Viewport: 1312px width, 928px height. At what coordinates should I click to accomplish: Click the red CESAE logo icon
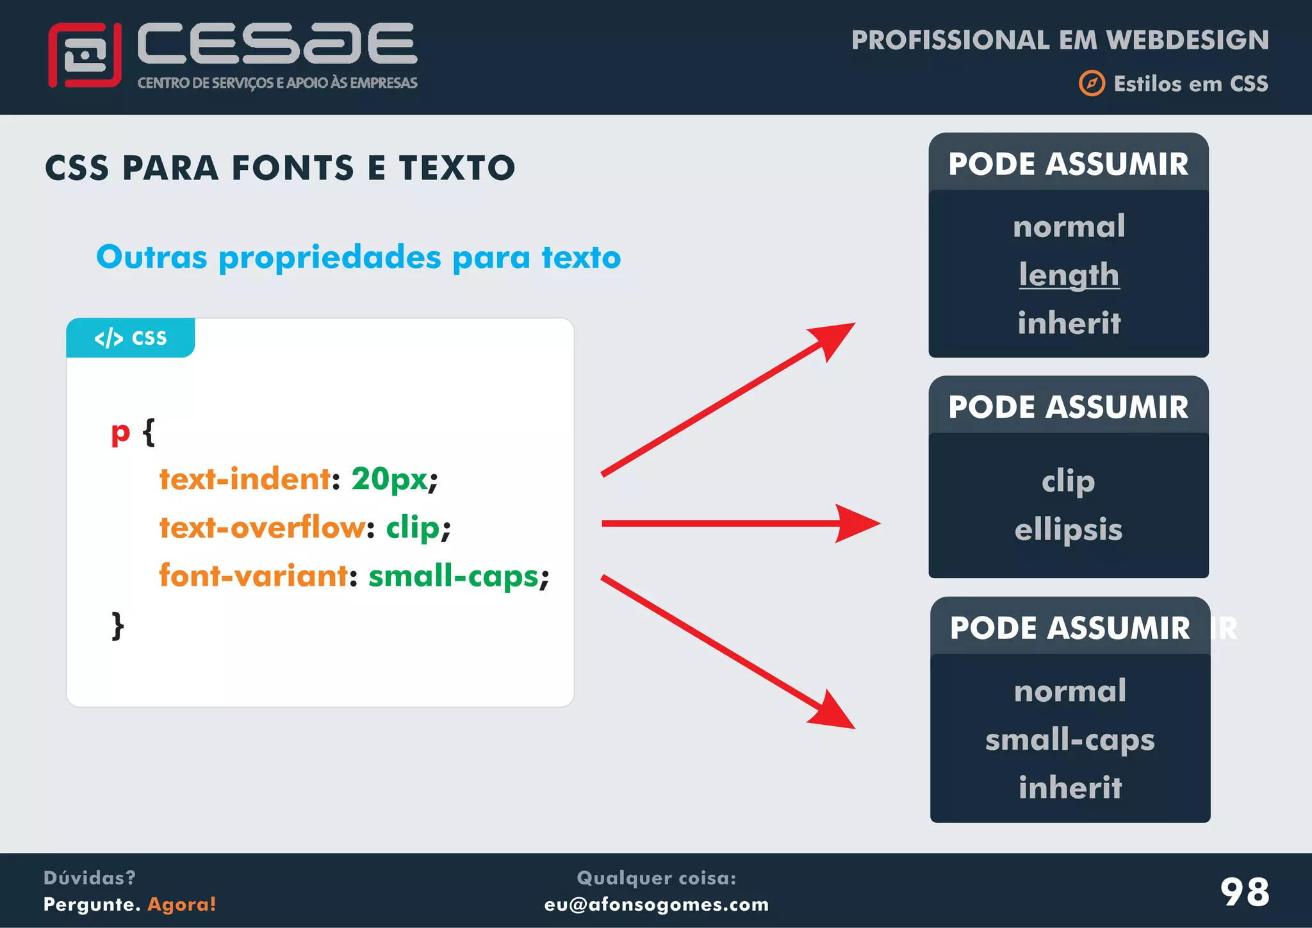point(85,55)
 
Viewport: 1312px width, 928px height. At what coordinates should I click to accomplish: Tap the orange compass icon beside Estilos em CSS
point(1092,83)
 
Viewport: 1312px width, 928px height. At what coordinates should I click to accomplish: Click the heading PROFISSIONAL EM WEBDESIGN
point(1060,40)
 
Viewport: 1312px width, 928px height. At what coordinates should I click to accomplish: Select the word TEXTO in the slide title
point(457,168)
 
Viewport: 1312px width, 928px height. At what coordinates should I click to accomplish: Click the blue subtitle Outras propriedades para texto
point(358,257)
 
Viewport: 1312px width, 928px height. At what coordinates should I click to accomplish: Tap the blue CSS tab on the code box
point(131,338)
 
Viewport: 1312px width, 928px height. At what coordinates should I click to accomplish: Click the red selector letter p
point(120,433)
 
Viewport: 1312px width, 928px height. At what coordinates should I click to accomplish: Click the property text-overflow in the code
point(263,527)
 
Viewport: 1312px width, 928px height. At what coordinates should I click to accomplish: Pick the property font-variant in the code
point(254,576)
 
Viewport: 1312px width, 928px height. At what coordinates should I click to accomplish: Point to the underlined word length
point(1069,275)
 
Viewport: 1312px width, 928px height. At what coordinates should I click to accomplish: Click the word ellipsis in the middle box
point(1068,529)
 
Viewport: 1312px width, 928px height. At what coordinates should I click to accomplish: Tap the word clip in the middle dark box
point(1068,481)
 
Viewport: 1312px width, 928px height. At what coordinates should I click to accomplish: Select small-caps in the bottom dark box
point(1069,740)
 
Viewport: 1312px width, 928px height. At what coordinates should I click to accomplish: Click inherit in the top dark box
point(1069,322)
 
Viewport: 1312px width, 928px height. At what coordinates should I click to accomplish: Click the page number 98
point(1244,891)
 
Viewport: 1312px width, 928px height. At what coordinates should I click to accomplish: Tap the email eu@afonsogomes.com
point(656,904)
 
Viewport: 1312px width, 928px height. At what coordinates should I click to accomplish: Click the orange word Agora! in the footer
point(182,904)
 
